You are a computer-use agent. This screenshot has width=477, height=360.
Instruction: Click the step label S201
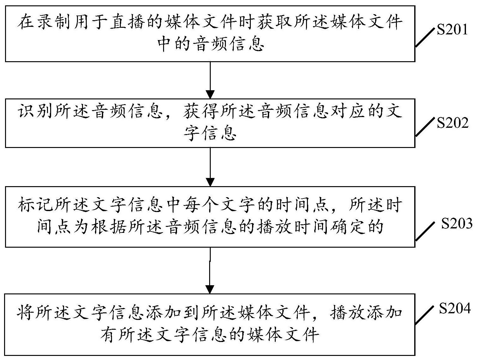point(452,30)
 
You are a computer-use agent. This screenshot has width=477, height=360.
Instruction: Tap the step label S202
point(452,123)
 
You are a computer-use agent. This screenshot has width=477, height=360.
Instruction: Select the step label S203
point(457,223)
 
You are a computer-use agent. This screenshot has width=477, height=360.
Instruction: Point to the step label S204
point(455,308)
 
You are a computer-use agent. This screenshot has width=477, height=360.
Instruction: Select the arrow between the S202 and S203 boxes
point(210,167)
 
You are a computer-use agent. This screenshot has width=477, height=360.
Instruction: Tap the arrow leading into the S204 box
point(210,270)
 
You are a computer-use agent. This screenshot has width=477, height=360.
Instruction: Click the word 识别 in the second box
point(36,111)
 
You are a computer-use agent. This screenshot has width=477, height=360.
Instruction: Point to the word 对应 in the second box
point(349,111)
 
